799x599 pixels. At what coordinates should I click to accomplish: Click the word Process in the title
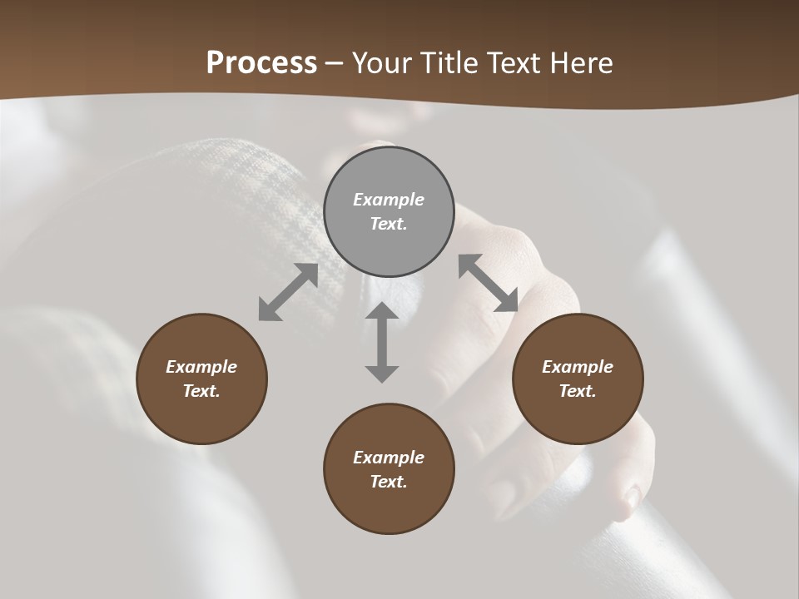tap(261, 63)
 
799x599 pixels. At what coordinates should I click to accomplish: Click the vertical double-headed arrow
tap(382, 342)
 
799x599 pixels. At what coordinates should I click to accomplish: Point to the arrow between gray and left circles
tap(288, 292)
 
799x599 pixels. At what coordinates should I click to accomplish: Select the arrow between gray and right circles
tap(489, 283)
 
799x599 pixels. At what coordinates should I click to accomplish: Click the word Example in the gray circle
tap(389, 200)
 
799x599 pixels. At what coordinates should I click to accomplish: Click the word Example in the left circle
tap(201, 367)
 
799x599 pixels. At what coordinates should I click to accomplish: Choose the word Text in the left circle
tap(201, 391)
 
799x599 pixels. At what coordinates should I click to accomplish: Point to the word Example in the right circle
tap(578, 367)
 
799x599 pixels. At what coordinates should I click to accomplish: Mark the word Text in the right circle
tap(578, 391)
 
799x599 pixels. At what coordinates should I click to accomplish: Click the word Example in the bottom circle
tap(389, 458)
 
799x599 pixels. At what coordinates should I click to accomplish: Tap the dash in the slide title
tap(335, 64)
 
